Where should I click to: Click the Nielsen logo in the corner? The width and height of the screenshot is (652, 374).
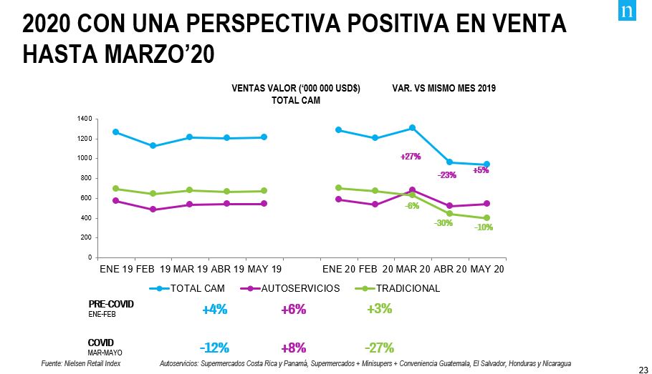click(x=627, y=12)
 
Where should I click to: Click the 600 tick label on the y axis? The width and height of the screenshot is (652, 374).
click(x=86, y=198)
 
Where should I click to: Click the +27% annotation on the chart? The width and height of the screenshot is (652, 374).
click(x=411, y=157)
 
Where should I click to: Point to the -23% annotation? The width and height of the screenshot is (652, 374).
click(x=447, y=174)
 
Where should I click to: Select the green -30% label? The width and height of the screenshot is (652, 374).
click(x=444, y=223)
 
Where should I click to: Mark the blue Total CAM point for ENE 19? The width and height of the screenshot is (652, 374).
click(x=115, y=132)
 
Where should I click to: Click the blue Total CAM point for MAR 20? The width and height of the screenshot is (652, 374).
click(x=413, y=128)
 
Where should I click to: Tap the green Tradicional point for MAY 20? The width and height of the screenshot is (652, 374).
click(x=486, y=218)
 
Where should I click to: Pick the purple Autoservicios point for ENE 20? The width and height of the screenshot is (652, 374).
click(x=338, y=200)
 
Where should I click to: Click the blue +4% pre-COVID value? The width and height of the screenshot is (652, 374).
click(x=214, y=310)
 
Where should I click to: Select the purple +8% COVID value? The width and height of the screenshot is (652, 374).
click(x=294, y=348)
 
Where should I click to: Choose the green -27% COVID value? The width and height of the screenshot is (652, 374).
click(x=379, y=348)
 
